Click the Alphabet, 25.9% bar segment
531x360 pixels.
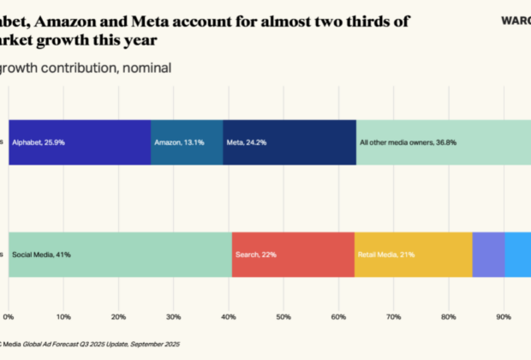tap(80, 142)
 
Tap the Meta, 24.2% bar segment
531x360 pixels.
tap(289, 142)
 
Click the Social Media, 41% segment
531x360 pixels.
tap(120, 255)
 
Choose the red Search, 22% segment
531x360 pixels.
tap(293, 255)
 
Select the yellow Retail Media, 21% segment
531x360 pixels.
tap(413, 255)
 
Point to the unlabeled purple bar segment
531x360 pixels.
tap(488, 255)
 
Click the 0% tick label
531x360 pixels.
tap(9, 293)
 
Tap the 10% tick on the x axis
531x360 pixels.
tap(63, 293)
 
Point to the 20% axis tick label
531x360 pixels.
tap(118, 293)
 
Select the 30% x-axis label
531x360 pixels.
tap(174, 293)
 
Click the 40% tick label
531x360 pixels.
tap(229, 293)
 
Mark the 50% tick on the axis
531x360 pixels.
tap(283, 293)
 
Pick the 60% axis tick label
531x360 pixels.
tap(338, 293)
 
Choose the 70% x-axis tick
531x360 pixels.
tap(394, 293)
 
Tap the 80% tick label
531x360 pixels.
tap(449, 293)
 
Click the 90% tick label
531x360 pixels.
tap(504, 293)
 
